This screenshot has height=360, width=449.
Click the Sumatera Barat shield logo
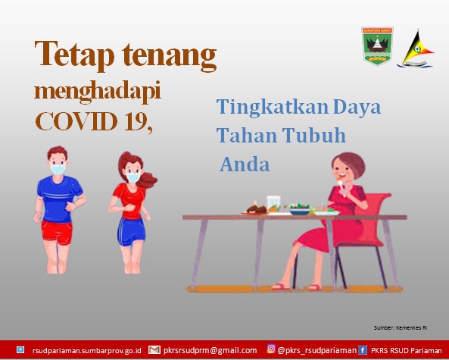377,45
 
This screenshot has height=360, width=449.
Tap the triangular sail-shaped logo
416,49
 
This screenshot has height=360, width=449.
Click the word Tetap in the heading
74,55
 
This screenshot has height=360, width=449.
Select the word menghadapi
98,92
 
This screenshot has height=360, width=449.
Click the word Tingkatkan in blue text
273,108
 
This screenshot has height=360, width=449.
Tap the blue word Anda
245,164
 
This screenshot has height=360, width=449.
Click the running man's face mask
58,170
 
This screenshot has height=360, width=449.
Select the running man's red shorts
57,232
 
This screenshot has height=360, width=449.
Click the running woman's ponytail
147,180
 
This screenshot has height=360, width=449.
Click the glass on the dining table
273,204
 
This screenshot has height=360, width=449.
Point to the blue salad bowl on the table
300,211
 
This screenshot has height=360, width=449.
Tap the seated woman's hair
351,164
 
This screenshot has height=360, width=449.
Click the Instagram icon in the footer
271,349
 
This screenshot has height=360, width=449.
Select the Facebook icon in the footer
362,350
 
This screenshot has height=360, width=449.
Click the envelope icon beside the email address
154,349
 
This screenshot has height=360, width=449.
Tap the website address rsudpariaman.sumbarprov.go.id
87,351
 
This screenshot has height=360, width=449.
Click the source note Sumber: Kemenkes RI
401,327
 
